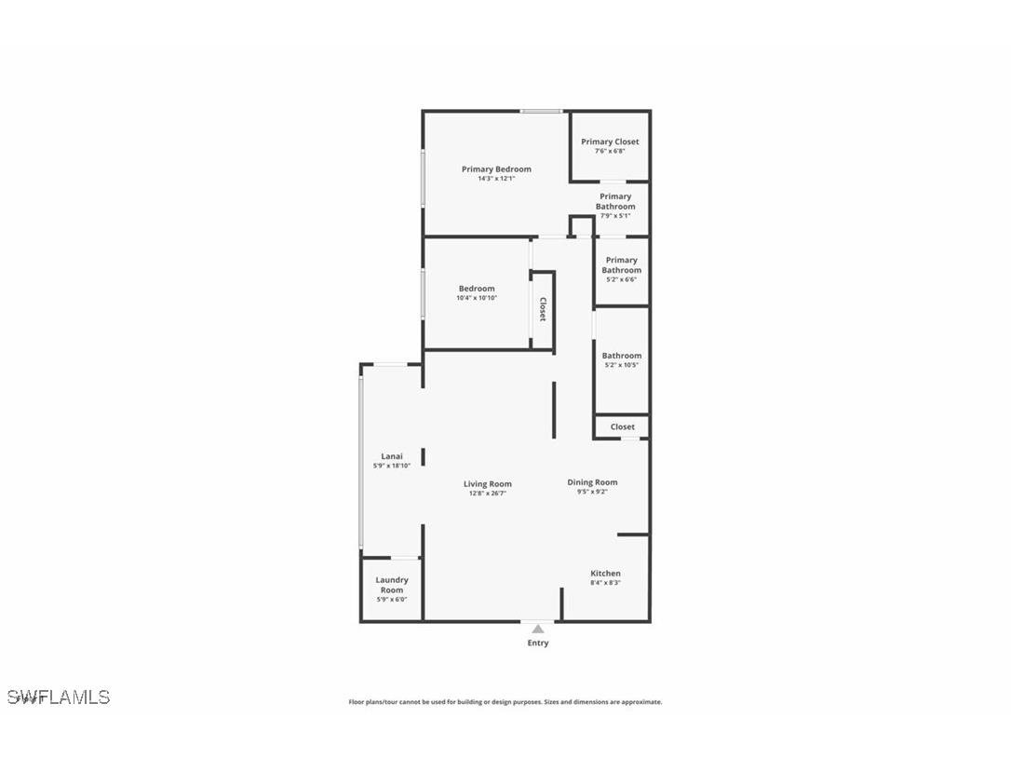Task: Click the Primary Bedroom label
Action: tap(496, 169)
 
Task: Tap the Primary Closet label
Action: tap(610, 142)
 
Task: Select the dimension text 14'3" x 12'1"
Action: tap(496, 179)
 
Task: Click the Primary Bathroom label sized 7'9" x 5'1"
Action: tap(615, 201)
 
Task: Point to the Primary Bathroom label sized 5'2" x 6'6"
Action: tap(621, 265)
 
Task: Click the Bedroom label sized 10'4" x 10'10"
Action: tap(477, 289)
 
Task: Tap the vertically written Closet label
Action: tap(542, 309)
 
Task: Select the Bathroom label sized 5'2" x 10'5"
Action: tap(621, 356)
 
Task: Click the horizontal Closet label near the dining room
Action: tap(622, 426)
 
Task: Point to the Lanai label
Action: tap(391, 456)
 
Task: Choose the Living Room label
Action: tap(488, 484)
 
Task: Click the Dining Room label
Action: tap(592, 482)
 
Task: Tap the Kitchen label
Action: tap(605, 574)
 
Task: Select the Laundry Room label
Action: tap(392, 585)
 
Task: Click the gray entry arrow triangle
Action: tap(537, 629)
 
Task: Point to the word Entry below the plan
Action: tap(537, 643)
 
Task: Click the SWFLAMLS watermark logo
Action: tap(59, 697)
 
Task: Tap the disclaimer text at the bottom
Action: tap(505, 702)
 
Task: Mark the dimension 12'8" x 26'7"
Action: tap(488, 494)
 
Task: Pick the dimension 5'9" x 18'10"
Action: tap(391, 466)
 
